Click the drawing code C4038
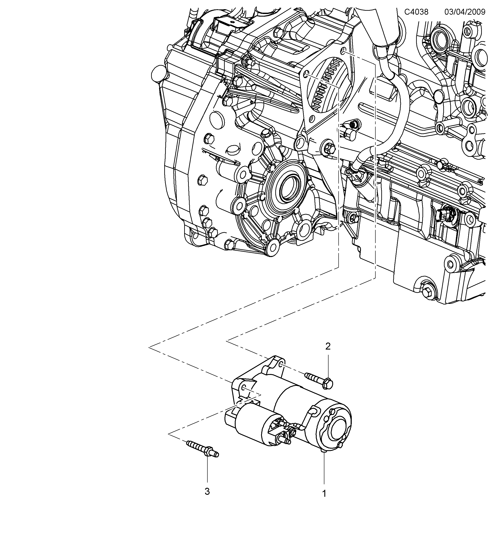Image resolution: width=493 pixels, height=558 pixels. [x=416, y=12]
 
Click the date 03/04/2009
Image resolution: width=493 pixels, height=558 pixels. [x=465, y=12]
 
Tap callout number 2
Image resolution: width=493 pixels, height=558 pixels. [x=328, y=346]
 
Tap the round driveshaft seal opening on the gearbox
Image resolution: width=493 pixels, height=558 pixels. [x=289, y=188]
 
